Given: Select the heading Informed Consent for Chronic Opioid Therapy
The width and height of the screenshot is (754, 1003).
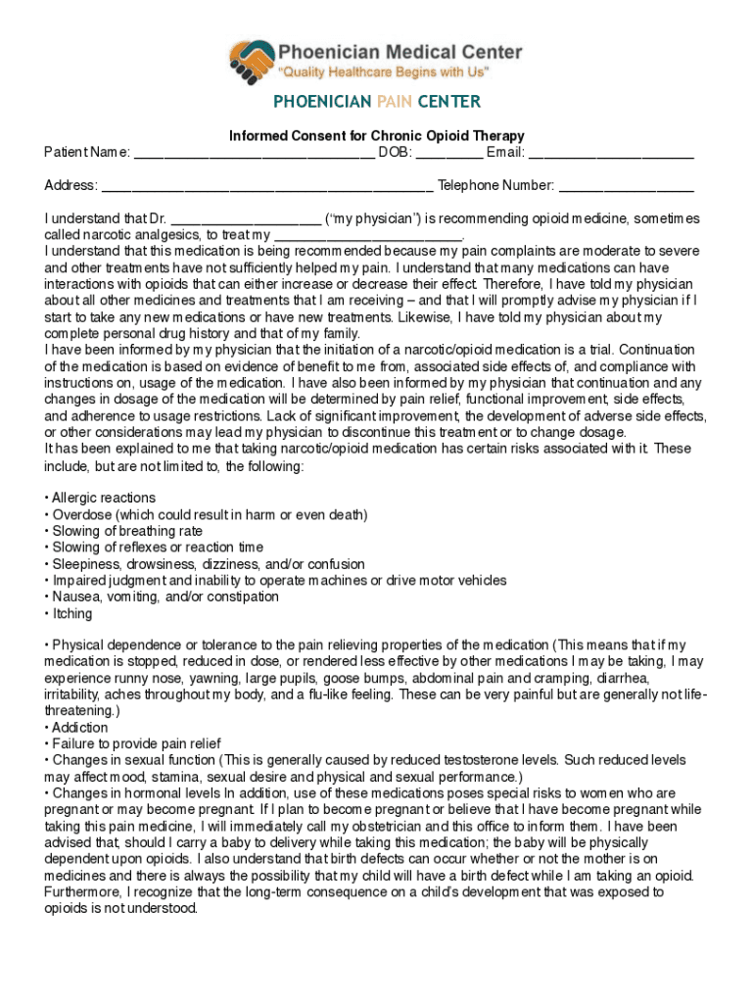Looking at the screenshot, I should (377, 136).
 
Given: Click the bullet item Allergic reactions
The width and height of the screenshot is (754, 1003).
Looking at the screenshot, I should (103, 499).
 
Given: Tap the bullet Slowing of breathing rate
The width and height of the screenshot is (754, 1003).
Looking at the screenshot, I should (127, 531).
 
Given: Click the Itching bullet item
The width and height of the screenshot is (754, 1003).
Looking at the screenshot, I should (71, 614).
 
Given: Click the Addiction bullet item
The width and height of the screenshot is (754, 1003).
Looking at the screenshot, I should (79, 728).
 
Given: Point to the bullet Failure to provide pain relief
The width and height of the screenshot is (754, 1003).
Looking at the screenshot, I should (135, 744).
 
